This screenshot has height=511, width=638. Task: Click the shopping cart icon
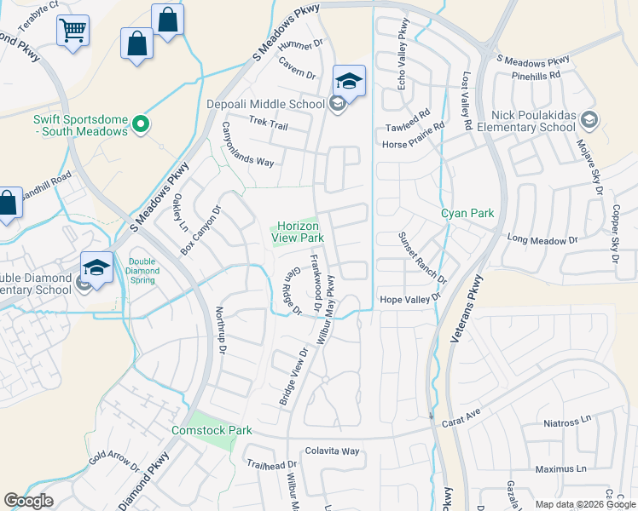tap(72, 32)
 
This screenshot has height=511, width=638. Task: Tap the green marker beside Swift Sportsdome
tap(142, 125)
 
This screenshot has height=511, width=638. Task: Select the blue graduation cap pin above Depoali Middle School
tap(349, 82)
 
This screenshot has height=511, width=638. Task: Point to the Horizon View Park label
tap(298, 233)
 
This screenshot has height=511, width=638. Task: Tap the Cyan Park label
tap(467, 214)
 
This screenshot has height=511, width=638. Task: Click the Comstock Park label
tap(212, 430)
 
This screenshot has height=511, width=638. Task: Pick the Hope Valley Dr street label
tap(409, 299)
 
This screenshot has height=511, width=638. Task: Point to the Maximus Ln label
tap(561, 468)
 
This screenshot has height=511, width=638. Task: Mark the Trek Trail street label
tap(268, 125)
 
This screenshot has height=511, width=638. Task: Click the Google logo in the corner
tap(28, 501)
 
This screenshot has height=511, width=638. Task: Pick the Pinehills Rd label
tap(536, 75)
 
